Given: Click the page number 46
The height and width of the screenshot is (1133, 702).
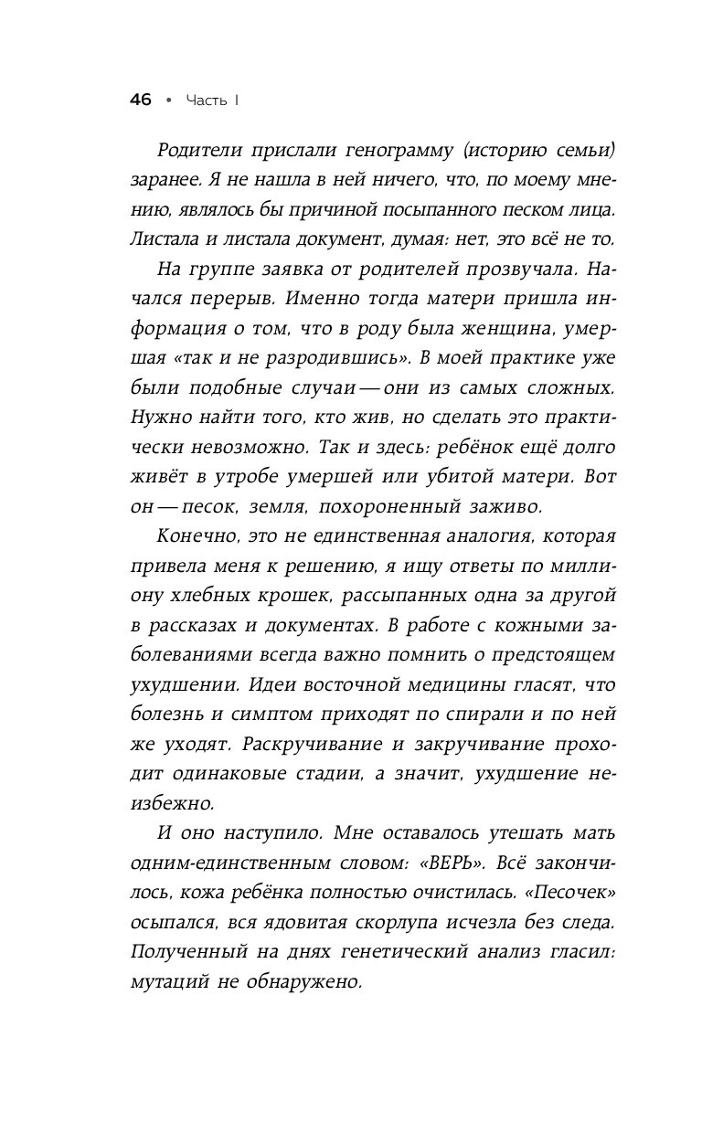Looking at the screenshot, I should click(x=140, y=101).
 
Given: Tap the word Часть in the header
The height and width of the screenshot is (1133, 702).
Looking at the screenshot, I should click(x=205, y=101).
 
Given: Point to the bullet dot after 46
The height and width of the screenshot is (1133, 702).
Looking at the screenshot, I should click(x=167, y=101).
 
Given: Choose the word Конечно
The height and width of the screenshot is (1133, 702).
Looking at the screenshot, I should click(x=193, y=535).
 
